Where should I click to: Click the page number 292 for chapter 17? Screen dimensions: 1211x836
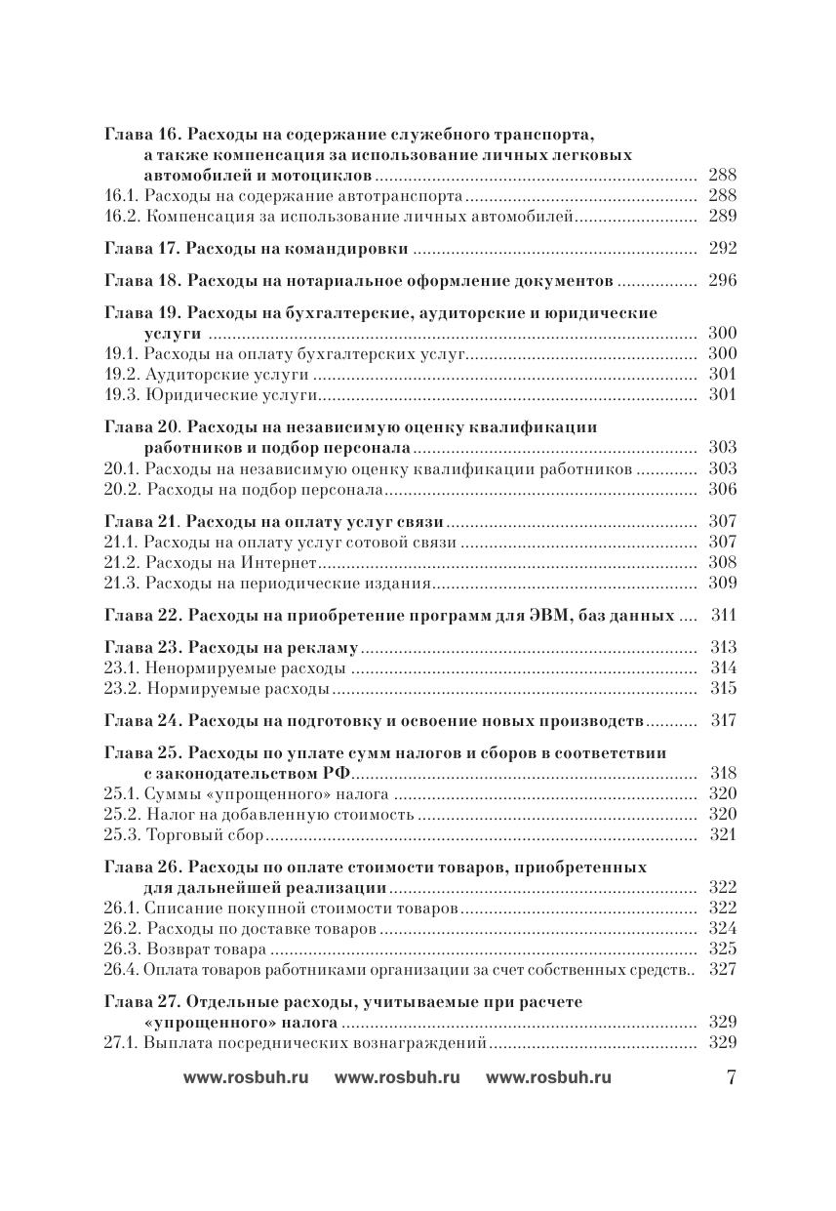coord(722,248)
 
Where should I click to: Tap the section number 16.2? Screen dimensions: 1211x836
coord(121,217)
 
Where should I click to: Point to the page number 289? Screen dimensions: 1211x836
coord(722,217)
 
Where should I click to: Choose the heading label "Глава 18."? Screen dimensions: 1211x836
coord(140,281)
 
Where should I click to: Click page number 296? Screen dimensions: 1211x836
coord(722,281)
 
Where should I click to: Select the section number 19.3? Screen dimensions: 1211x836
coord(121,395)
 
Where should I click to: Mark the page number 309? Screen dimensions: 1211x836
coord(722,584)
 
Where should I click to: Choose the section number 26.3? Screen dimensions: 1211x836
coord(121,949)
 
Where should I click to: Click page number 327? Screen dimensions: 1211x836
coord(722,969)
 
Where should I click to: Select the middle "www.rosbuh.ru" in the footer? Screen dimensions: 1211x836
coord(397,1077)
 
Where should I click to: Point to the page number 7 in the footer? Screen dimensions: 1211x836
coord(731,1077)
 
